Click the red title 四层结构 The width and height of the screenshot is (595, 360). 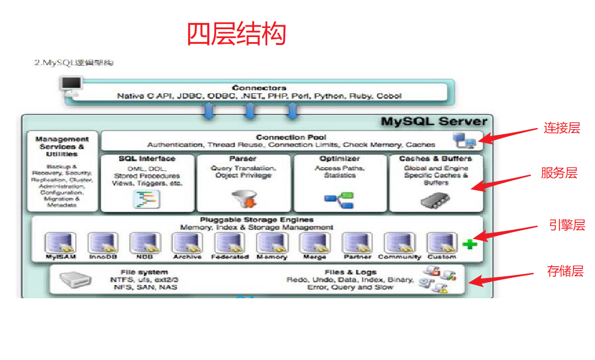point(236,34)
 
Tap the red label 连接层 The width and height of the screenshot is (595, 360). point(562,128)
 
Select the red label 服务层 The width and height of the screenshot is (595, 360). point(559,173)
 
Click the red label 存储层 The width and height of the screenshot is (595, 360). point(565,271)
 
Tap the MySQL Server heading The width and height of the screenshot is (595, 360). point(434,121)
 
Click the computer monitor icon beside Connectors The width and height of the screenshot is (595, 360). point(71,85)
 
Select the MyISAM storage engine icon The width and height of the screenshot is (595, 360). point(61,243)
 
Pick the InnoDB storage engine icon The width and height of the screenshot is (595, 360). point(103,243)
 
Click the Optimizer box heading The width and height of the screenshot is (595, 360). point(340,159)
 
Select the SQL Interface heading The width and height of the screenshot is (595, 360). point(147,159)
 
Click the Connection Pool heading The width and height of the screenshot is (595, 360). point(291,137)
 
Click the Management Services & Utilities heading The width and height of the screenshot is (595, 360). point(62,146)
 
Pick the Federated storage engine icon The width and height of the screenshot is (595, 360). point(229,243)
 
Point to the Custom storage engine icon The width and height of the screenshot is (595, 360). point(441,243)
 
